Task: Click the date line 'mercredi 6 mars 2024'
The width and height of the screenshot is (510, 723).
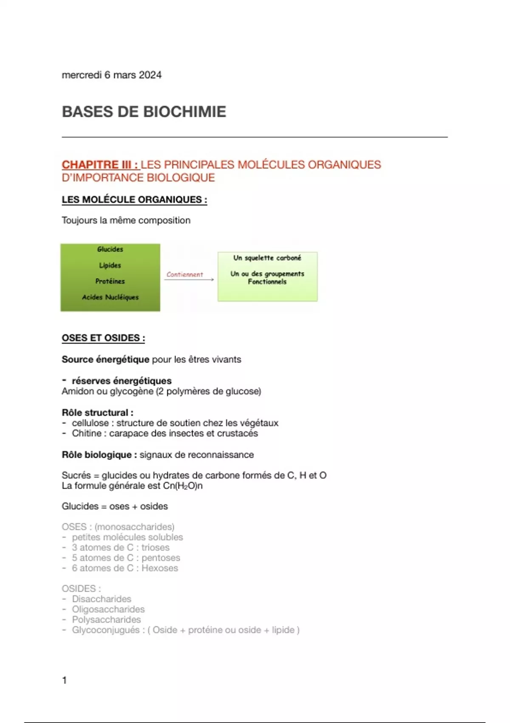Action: pos(111,75)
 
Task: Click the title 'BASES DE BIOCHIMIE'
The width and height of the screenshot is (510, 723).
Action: pos(144,111)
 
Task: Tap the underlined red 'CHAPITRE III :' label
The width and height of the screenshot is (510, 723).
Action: pos(100,165)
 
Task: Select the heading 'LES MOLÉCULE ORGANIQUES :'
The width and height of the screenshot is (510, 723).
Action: pos(134,199)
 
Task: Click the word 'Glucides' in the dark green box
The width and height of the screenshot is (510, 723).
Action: pos(110,249)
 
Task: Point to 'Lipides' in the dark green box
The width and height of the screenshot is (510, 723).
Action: pos(110,265)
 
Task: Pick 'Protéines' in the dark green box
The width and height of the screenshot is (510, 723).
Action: pos(110,281)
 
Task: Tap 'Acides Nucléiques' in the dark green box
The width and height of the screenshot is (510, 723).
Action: pos(110,297)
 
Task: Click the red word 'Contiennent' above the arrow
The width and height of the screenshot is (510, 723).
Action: pos(184,274)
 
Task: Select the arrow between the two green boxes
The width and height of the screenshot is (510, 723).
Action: pos(189,279)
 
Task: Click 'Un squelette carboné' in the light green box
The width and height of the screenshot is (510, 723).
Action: pos(267,258)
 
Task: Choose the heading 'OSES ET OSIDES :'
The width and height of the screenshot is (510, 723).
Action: pos(103,338)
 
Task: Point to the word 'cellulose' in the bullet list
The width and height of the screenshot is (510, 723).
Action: pos(90,423)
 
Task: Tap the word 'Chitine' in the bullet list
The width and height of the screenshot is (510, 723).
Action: pos(86,433)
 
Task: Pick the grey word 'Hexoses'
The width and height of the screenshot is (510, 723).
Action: pos(160,568)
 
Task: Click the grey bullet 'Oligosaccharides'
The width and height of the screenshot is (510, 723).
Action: pos(108,609)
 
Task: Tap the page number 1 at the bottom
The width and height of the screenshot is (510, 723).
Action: pos(64,680)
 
